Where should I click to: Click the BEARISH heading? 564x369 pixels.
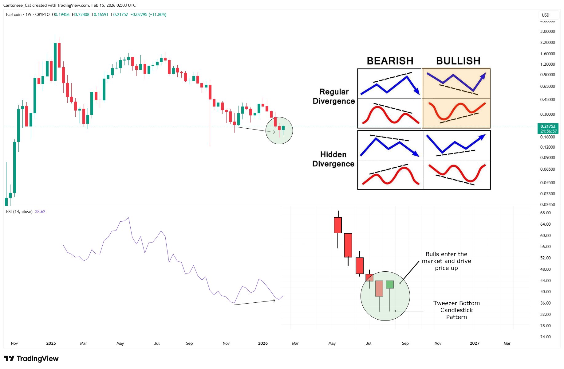pyautogui.click(x=390, y=61)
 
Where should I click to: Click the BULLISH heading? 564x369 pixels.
pyautogui.click(x=458, y=61)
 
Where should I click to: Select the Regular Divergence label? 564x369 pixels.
pyautogui.click(x=334, y=96)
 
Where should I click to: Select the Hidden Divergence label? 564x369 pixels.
pyautogui.click(x=333, y=159)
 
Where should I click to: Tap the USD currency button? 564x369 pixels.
pyautogui.click(x=546, y=15)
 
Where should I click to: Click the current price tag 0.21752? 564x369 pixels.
pyautogui.click(x=548, y=126)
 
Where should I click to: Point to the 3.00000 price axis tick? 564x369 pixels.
pyautogui.click(x=547, y=31)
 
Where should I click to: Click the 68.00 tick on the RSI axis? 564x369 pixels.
pyautogui.click(x=545, y=213)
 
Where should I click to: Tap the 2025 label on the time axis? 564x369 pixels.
pyautogui.click(x=51, y=343)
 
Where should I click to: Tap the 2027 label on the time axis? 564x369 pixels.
pyautogui.click(x=475, y=343)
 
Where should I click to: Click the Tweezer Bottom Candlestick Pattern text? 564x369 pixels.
pyautogui.click(x=456, y=310)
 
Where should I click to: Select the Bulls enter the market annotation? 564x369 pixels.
pyautogui.click(x=446, y=261)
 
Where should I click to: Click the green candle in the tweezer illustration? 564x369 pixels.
pyautogui.click(x=390, y=285)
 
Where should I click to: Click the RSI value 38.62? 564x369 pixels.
pyautogui.click(x=40, y=212)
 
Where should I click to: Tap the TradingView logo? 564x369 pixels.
pyautogui.click(x=31, y=359)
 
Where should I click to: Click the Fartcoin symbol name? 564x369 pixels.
pyautogui.click(x=14, y=14)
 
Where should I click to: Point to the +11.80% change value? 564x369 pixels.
pyautogui.click(x=157, y=14)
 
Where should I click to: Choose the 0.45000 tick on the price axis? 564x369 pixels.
pyautogui.click(x=547, y=99)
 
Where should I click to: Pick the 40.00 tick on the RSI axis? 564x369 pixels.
pyautogui.click(x=545, y=292)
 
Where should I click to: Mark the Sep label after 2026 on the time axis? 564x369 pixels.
pyautogui.click(x=405, y=343)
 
